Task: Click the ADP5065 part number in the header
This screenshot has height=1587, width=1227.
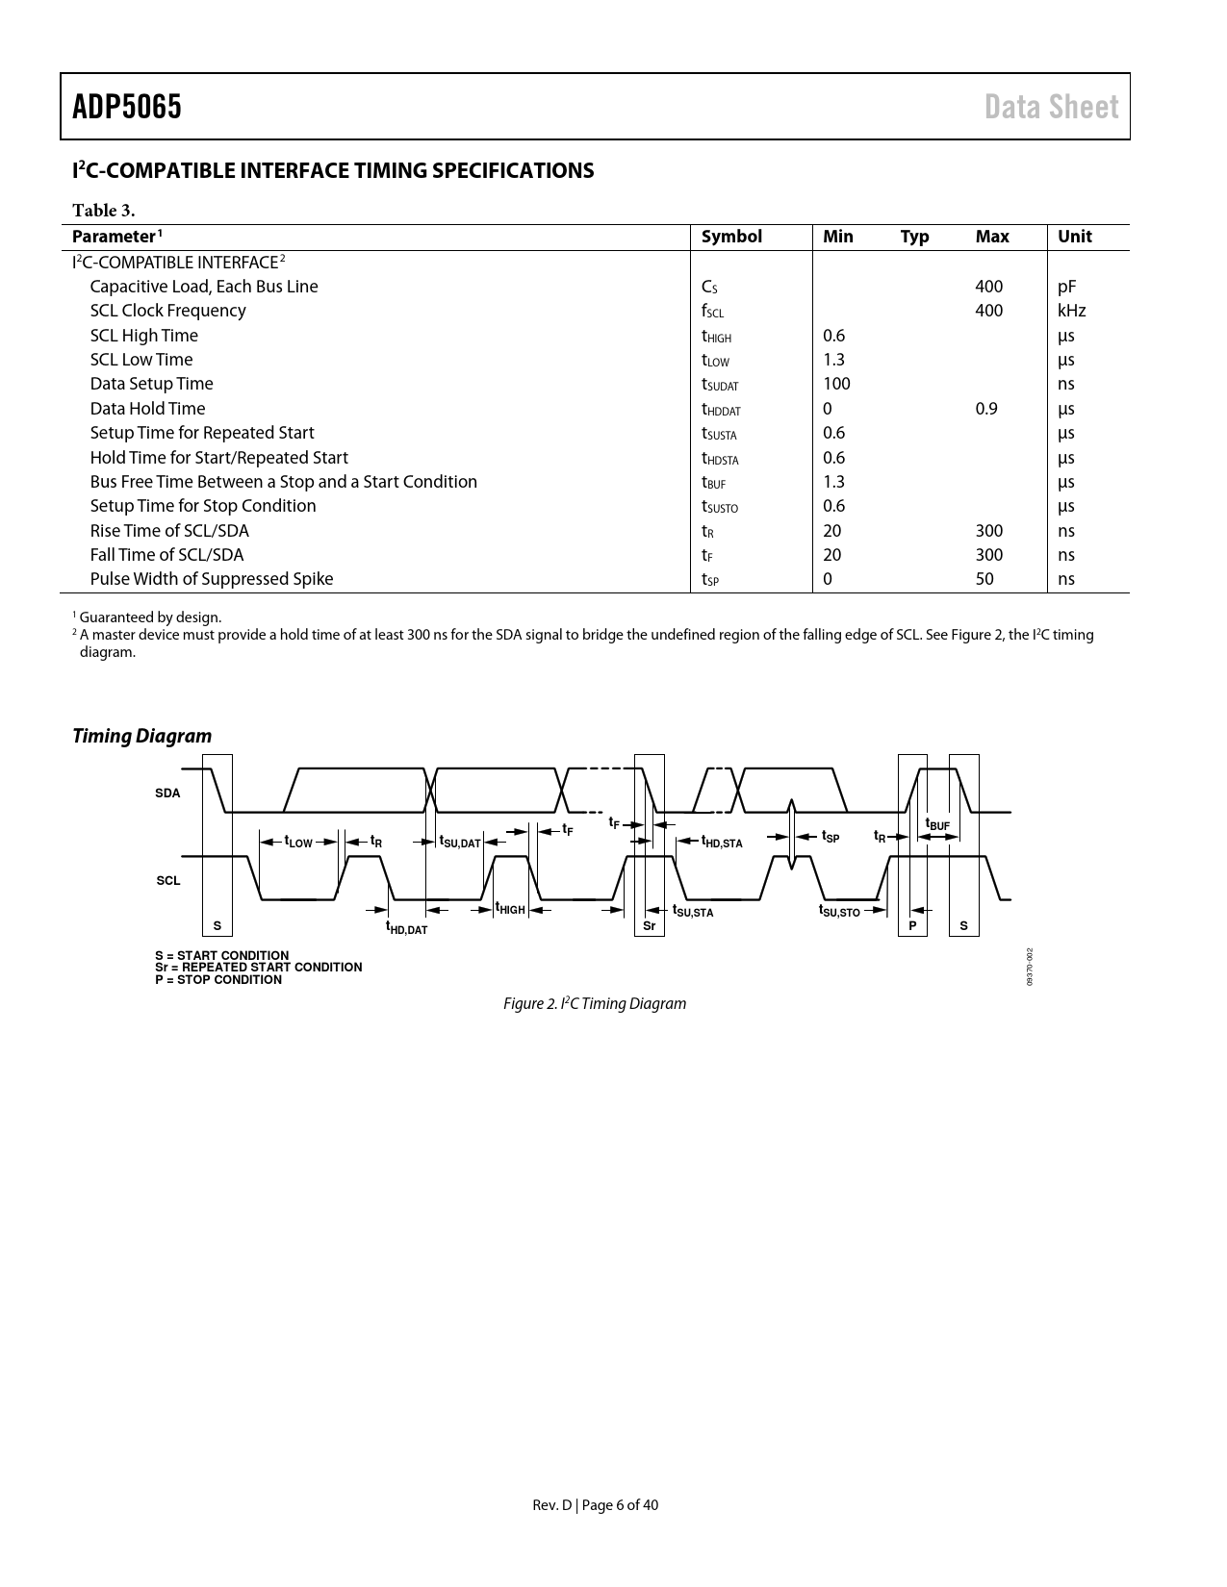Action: click(127, 107)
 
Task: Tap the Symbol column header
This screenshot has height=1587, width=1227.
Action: click(731, 237)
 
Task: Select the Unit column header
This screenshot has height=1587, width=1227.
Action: click(1075, 237)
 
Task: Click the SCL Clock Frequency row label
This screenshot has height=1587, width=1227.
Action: click(167, 311)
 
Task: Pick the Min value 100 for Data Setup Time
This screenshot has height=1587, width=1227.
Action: click(836, 384)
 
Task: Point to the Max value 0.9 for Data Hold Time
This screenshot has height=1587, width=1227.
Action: click(986, 409)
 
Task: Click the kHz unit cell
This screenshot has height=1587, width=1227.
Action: click(1071, 311)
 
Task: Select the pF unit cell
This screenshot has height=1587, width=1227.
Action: click(1066, 287)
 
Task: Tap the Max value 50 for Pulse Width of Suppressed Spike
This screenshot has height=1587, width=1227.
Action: click(984, 579)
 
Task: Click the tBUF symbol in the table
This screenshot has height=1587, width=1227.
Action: click(713, 483)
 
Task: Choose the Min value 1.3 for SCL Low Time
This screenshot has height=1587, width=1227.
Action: click(833, 360)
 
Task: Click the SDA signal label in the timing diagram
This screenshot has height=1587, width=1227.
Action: click(167, 793)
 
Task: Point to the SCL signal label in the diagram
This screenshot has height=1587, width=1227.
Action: click(168, 880)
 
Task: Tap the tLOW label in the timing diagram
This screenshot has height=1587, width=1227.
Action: click(298, 842)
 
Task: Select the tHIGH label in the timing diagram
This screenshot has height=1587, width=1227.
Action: click(510, 909)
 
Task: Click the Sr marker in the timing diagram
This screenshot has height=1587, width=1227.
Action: click(650, 926)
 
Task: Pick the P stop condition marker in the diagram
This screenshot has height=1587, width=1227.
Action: click(912, 926)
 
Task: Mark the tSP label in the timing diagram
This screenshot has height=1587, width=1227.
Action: click(830, 837)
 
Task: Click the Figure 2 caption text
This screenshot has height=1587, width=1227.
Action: click(595, 1004)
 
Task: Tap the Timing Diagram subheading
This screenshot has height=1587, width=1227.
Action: click(142, 736)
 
